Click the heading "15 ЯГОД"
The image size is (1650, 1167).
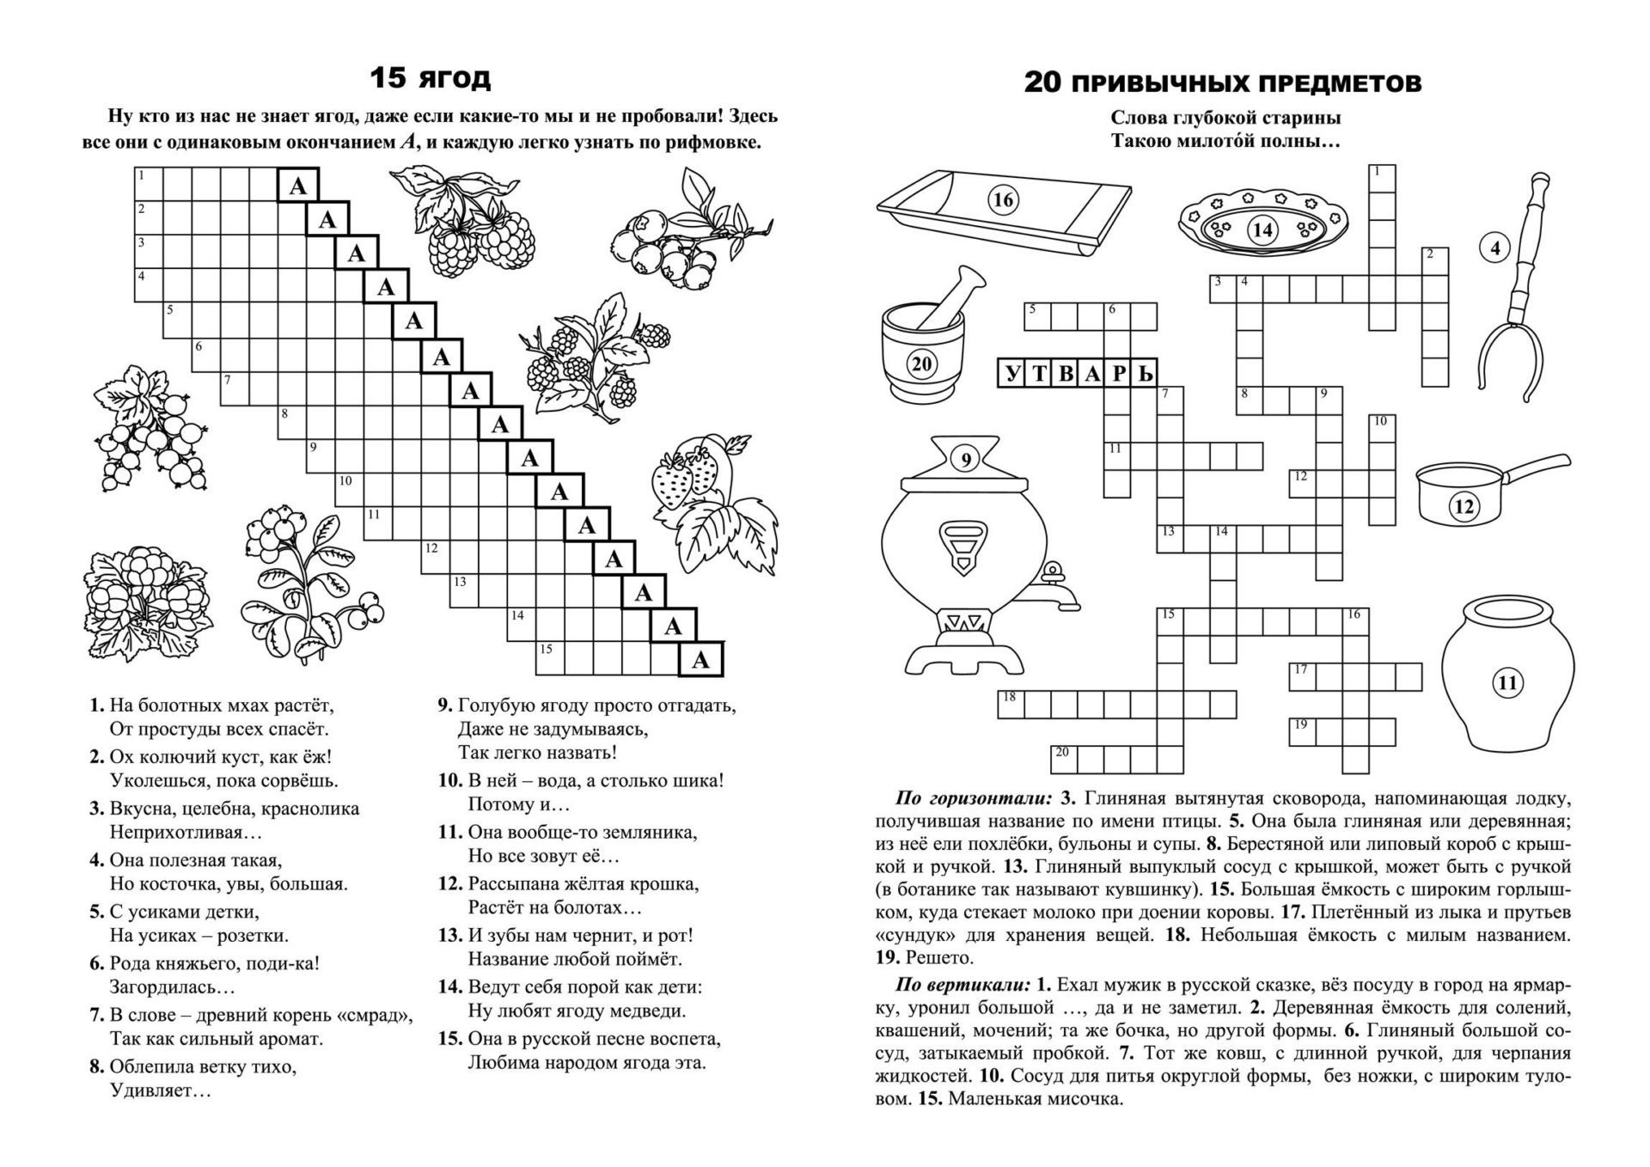pyautogui.click(x=430, y=78)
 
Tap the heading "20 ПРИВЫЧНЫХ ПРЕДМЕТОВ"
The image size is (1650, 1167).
pyautogui.click(x=1223, y=83)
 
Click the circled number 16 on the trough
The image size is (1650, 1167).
pyautogui.click(x=1002, y=200)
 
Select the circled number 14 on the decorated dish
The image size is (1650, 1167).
pyautogui.click(x=1262, y=229)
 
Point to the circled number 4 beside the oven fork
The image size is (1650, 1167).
pyautogui.click(x=1495, y=248)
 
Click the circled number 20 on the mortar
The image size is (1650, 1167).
pyautogui.click(x=921, y=364)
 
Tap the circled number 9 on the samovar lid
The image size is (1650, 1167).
pyautogui.click(x=966, y=460)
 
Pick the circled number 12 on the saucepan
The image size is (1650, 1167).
pyautogui.click(x=1464, y=506)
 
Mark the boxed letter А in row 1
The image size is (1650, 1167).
pyautogui.click(x=298, y=186)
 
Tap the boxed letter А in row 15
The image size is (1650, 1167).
pyautogui.click(x=701, y=660)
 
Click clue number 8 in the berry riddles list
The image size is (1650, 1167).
pyautogui.click(x=97, y=1067)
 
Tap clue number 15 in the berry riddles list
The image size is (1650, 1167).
pyautogui.click(x=450, y=1038)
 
